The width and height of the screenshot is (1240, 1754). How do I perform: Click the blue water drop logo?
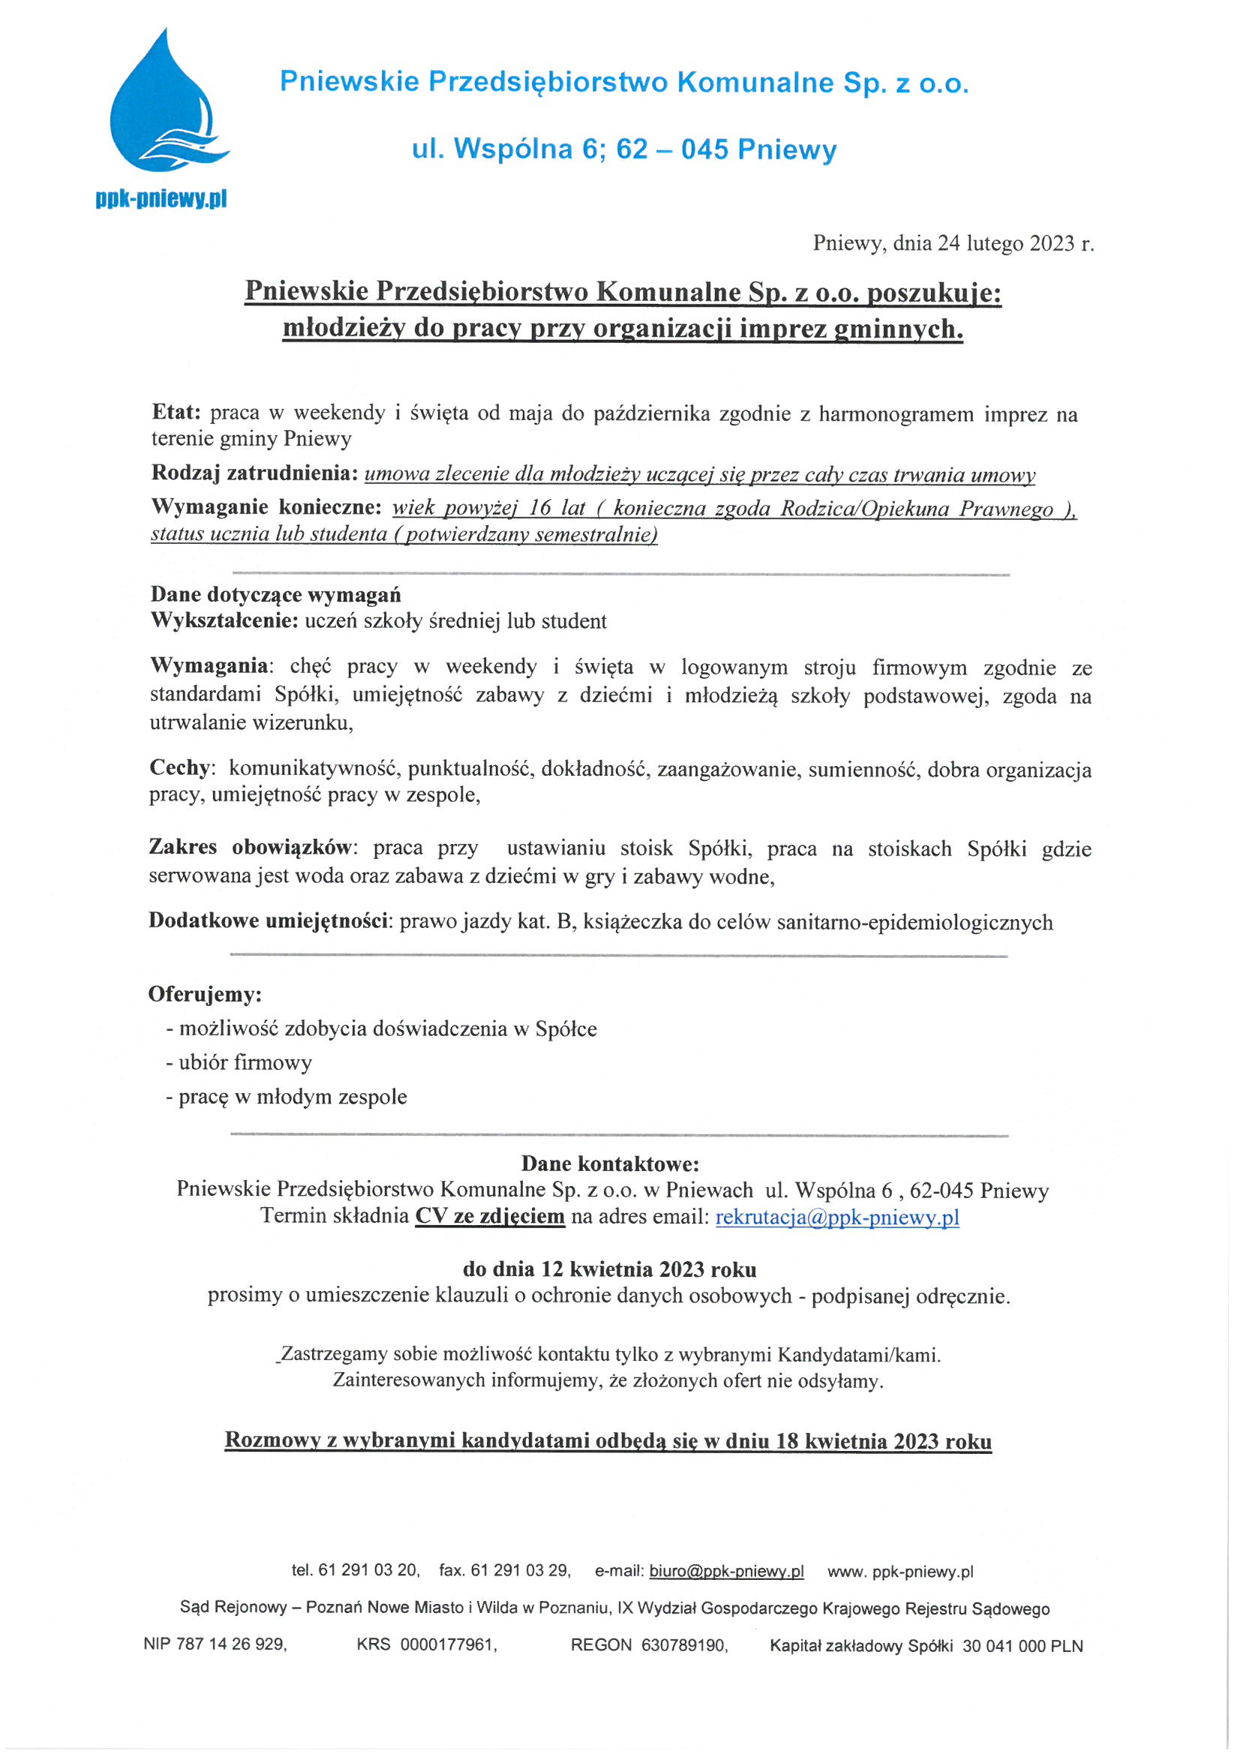(x=164, y=107)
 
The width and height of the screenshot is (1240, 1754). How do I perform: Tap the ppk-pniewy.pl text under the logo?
(x=161, y=200)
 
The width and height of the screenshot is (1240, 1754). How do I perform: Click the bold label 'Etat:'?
(x=176, y=413)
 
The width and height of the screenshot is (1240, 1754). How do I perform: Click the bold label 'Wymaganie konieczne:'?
(x=266, y=507)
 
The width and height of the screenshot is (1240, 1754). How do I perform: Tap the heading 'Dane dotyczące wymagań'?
(x=275, y=594)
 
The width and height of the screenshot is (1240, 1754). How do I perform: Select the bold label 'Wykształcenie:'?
(x=224, y=620)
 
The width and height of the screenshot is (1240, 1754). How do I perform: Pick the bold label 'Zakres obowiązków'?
(x=251, y=847)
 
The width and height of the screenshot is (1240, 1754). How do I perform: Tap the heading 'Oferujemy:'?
(x=205, y=994)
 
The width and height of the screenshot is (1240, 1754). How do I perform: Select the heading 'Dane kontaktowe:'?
(x=610, y=1164)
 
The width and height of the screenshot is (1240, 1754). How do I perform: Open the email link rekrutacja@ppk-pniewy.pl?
(x=836, y=1216)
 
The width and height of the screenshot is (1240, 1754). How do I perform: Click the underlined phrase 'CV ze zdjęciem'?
(x=490, y=1215)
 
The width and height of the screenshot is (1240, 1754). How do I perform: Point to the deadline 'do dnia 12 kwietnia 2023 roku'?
(x=610, y=1269)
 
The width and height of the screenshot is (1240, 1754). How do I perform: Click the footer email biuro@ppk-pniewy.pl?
(x=726, y=1571)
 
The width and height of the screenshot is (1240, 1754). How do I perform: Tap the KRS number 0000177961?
(x=447, y=1644)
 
